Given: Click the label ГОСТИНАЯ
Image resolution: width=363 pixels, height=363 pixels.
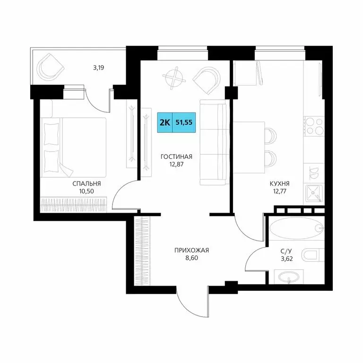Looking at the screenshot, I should tap(176, 157).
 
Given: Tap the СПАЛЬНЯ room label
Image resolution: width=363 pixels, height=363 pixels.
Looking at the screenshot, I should tap(86, 184).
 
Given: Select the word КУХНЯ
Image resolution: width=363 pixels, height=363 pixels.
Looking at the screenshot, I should tap(279, 184).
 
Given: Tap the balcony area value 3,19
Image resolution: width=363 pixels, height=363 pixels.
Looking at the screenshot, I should tap(98, 68).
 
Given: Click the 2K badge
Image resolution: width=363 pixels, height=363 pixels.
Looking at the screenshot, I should tap(165, 122).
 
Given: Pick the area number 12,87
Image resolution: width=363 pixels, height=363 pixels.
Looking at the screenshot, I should tap(176, 165).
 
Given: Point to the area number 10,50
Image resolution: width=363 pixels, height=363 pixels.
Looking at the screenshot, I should tap(86, 192).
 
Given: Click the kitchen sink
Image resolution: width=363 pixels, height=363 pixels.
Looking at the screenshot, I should tap(312, 191).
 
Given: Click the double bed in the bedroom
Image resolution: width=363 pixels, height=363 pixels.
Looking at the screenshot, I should tap(73, 146).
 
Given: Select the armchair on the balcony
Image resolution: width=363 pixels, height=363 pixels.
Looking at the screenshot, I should tap(51, 67).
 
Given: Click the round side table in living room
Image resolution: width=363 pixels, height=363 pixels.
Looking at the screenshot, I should tap(175, 78).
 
